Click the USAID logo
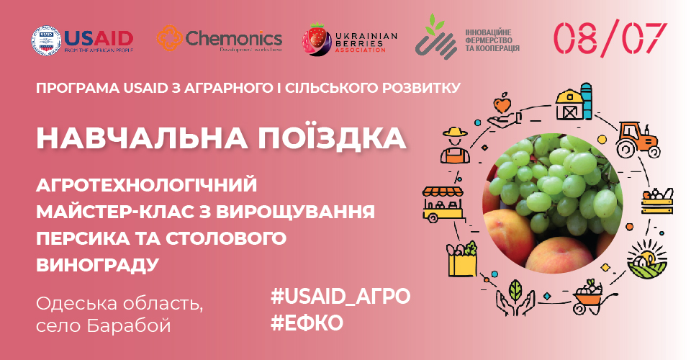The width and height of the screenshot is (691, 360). point(83,40)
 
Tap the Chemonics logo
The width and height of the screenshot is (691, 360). point(219,40)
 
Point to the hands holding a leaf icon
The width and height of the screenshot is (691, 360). point(515,298)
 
